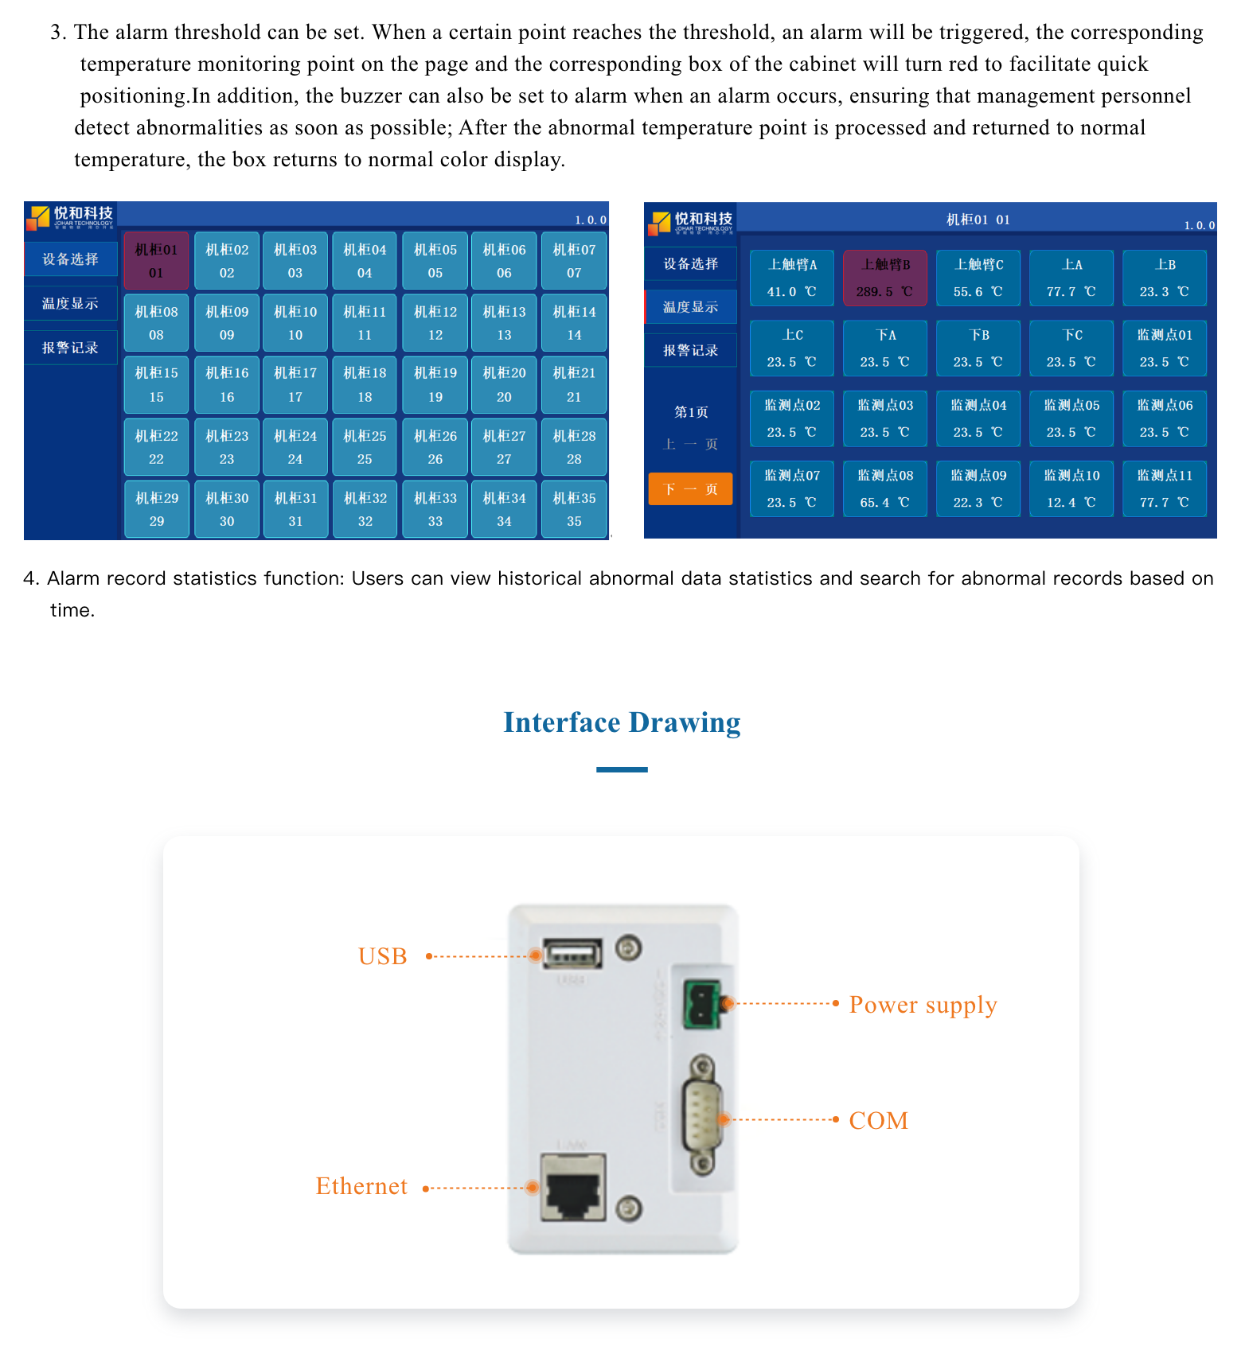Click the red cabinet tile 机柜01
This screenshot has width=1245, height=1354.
(x=156, y=261)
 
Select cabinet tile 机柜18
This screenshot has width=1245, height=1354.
(x=365, y=384)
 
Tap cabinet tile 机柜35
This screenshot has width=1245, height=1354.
(x=574, y=509)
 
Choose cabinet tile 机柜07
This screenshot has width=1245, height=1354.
(x=574, y=261)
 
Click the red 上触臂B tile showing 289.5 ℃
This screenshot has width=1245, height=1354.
(x=885, y=278)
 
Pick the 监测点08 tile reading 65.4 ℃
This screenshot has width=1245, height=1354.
(x=885, y=488)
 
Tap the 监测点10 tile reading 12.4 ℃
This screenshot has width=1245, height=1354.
(x=1071, y=488)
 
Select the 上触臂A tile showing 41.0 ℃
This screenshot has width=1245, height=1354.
(x=792, y=278)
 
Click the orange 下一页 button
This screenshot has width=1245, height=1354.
(x=690, y=488)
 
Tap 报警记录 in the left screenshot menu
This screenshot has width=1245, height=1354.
(x=71, y=348)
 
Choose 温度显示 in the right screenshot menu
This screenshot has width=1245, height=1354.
(x=690, y=307)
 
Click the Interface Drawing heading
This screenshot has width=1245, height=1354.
(x=622, y=722)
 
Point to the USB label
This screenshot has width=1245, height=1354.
(x=383, y=956)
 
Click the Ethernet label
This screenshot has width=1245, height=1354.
(x=361, y=1186)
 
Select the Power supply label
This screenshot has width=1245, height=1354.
(x=923, y=1005)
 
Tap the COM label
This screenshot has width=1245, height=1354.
(x=879, y=1120)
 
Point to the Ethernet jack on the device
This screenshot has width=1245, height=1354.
(x=573, y=1188)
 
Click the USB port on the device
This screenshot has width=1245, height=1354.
(x=572, y=953)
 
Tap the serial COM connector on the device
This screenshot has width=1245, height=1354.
(x=702, y=1115)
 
